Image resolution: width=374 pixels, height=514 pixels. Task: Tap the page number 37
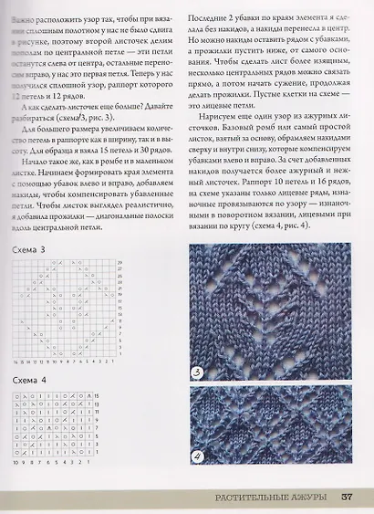(348, 498)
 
